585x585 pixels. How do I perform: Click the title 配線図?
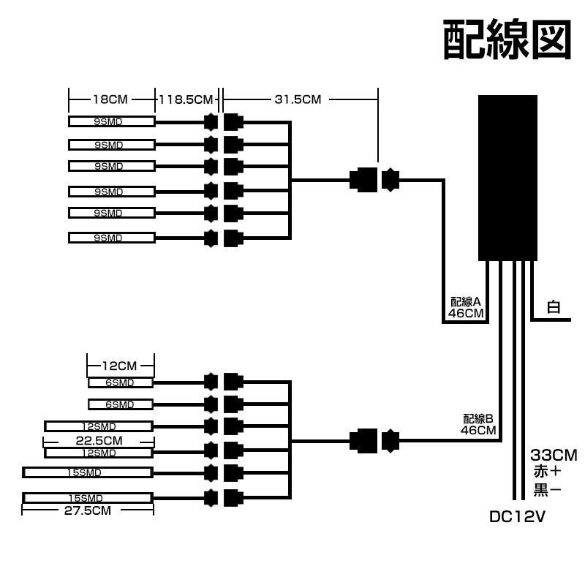click(x=506, y=39)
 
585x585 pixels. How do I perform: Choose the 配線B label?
click(x=479, y=418)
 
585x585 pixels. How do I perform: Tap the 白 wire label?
click(x=554, y=307)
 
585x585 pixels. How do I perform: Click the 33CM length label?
click(x=554, y=456)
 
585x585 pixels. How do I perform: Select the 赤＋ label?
click(x=547, y=472)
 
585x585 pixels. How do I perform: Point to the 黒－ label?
click(x=547, y=490)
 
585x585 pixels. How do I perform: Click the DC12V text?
click(x=517, y=518)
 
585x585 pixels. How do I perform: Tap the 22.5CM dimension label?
click(x=99, y=440)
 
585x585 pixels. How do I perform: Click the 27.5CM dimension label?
click(x=87, y=510)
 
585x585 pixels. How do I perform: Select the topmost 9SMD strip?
click(x=111, y=121)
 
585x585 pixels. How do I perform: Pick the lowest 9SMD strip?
click(x=111, y=238)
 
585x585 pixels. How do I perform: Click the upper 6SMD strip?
click(x=121, y=382)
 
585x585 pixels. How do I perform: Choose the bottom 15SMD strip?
click(x=87, y=498)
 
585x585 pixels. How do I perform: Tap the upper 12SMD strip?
click(x=98, y=426)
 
